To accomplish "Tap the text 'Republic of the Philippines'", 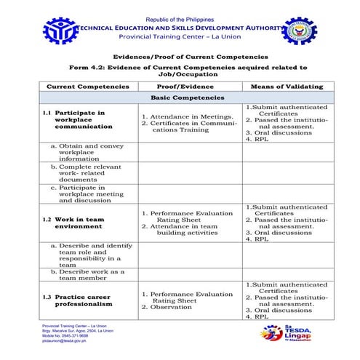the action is click(180, 18).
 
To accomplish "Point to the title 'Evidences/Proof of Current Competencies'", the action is click(180, 56).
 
